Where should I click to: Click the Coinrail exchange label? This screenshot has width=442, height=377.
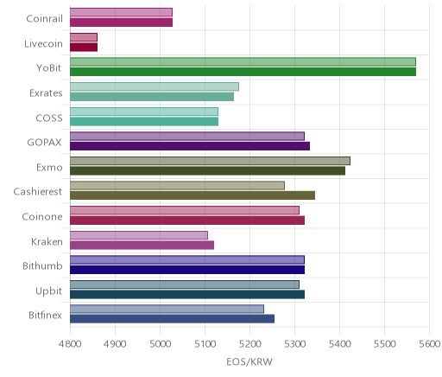[44, 19]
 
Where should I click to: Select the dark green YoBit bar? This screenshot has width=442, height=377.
[243, 72]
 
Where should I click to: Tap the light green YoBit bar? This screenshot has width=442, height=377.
[243, 61]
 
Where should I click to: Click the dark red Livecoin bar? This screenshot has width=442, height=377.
[84, 47]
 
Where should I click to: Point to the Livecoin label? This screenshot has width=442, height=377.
[43, 44]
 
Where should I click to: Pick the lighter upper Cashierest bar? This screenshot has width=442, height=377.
[177, 185]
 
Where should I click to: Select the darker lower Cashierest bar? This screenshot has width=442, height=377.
[193, 195]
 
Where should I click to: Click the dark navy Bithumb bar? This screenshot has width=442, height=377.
[187, 270]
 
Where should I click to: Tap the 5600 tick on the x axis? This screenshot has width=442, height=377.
[429, 344]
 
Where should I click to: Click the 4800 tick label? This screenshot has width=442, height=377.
[70, 344]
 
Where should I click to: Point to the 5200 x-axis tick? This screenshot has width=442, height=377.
[249, 344]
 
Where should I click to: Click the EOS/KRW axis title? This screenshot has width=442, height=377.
[249, 361]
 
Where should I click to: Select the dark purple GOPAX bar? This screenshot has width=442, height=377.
[190, 146]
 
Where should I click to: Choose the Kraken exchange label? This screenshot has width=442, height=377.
[47, 241]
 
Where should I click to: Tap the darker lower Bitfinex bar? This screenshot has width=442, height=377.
[172, 319]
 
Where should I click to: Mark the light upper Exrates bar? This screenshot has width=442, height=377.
[155, 86]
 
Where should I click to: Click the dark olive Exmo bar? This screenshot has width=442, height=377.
[207, 171]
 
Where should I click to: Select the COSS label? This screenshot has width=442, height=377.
[49, 118]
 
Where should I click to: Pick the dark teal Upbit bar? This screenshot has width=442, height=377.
[187, 295]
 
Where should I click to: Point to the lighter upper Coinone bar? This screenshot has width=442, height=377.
[185, 210]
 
